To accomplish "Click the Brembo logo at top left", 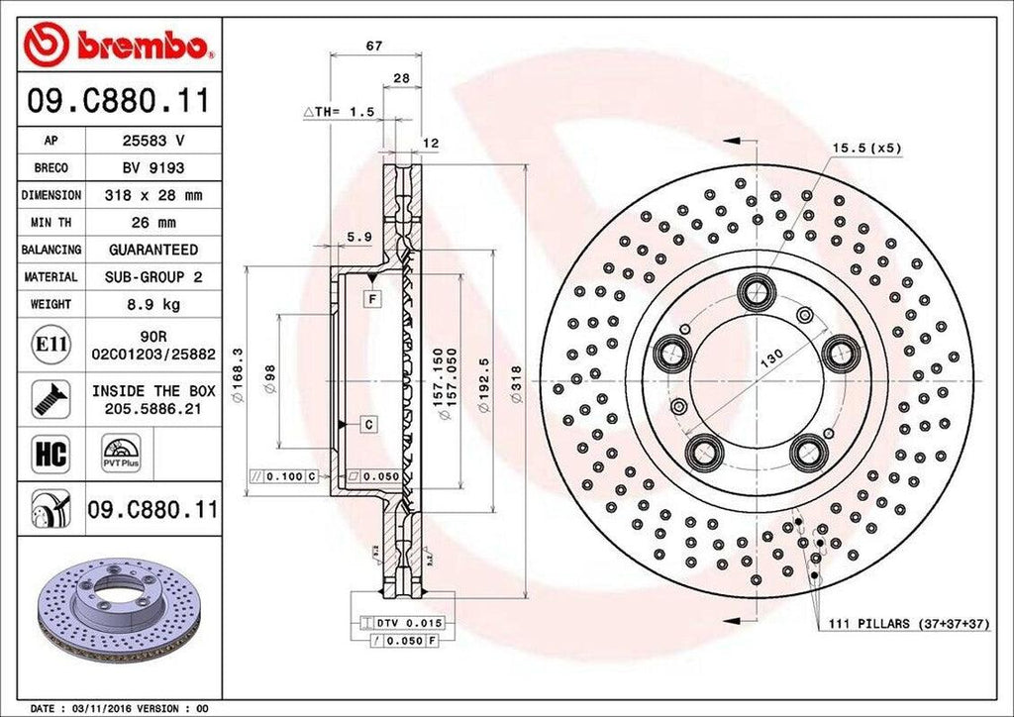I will coord(118,45).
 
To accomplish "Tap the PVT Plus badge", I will coord(121,452).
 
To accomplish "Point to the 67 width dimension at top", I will coord(374,47).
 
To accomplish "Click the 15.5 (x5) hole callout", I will coord(865,148).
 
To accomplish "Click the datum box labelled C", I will coord(367,425).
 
